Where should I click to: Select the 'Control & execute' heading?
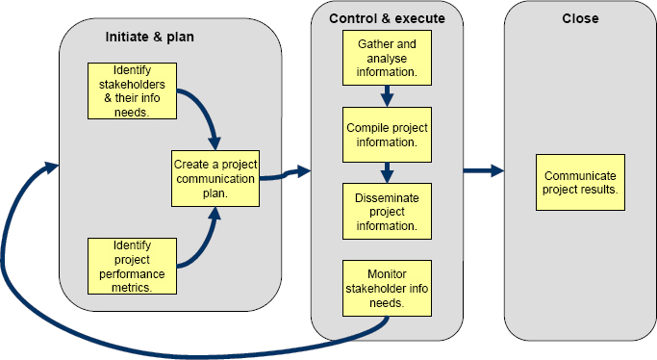[387, 18]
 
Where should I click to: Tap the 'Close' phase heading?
[580, 18]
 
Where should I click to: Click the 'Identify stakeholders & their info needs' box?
[133, 91]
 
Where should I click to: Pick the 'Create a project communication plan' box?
[215, 178]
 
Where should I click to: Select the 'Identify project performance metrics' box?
[133, 266]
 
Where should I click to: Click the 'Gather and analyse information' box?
[387, 58]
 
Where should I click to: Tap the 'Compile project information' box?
[387, 135]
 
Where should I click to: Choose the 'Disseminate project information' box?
[387, 211]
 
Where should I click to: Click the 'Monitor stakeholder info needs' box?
[387, 287]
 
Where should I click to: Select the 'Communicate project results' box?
[580, 182]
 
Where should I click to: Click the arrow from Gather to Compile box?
[387, 96]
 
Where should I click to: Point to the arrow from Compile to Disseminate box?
[387, 172]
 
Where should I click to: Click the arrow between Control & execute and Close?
[483, 171]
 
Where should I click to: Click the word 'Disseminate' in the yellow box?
[387, 199]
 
